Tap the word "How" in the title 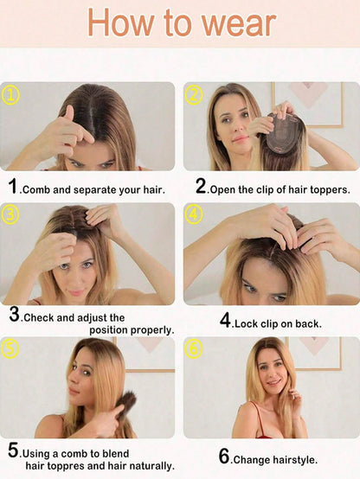120,22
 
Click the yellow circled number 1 10,95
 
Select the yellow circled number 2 194,95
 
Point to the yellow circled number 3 10,214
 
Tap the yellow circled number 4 194,214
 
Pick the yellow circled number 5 10,348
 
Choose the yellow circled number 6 194,348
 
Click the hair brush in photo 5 125,406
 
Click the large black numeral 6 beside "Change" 224,457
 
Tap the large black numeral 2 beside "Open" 201,186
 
